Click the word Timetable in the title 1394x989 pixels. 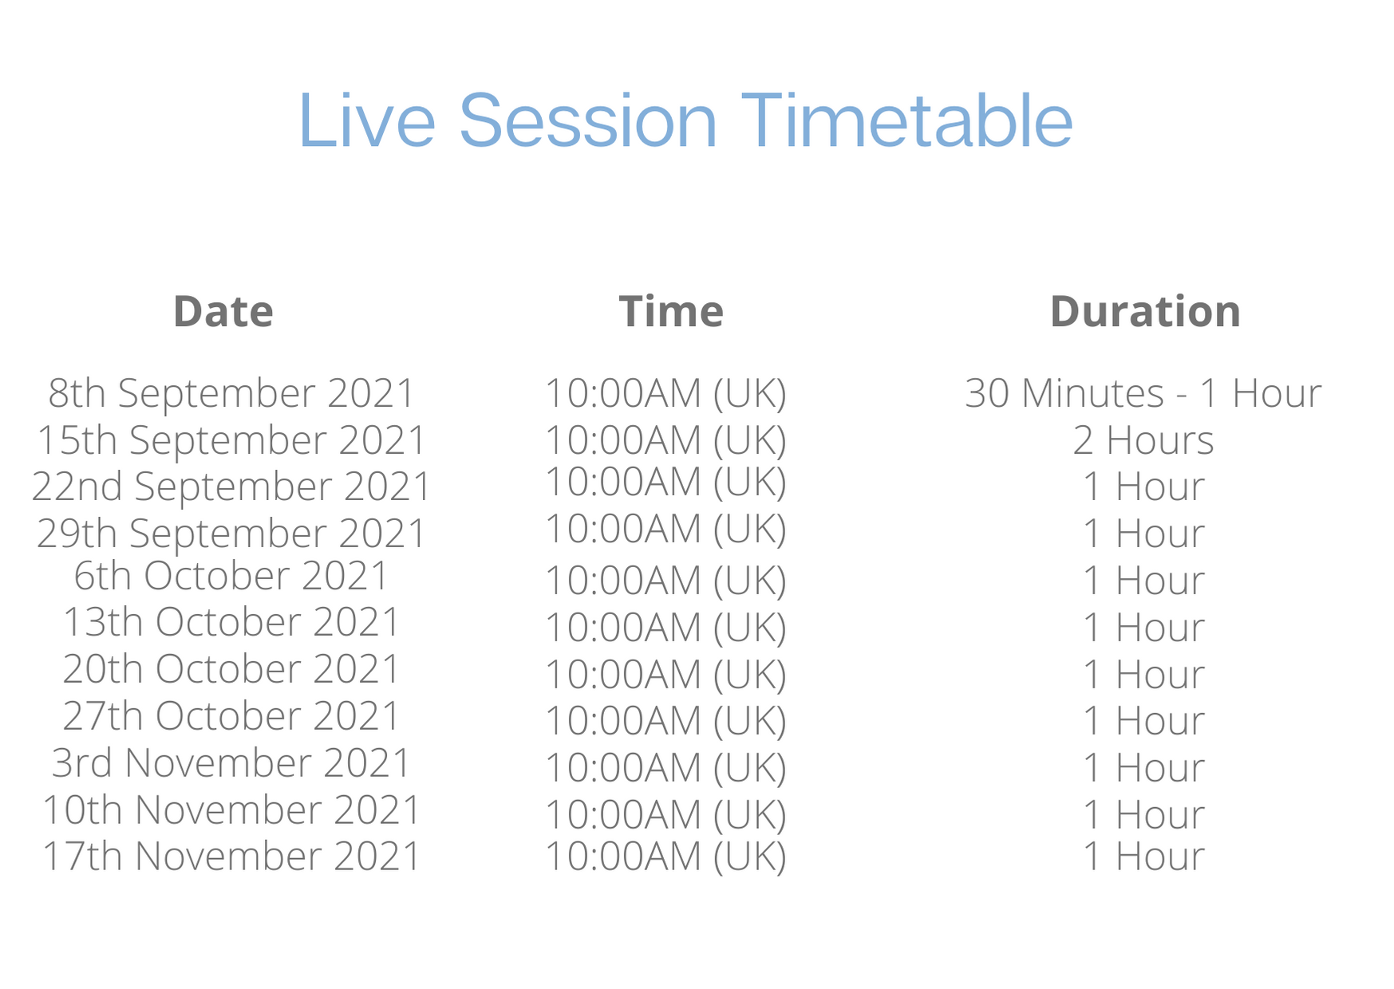(907, 120)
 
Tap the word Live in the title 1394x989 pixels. (367, 120)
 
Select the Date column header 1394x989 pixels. (223, 311)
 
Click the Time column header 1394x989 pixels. (671, 311)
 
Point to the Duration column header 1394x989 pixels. (1145, 311)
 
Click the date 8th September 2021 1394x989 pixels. (231, 393)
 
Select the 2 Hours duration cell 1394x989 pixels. (1143, 440)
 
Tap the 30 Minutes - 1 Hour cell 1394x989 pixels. (1143, 393)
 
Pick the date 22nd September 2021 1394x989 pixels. (231, 487)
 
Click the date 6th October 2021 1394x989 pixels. (231, 576)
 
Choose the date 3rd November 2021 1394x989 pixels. (231, 762)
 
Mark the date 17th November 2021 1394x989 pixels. (231, 856)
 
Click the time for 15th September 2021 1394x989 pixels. (665, 440)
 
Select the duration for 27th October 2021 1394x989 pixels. (1143, 721)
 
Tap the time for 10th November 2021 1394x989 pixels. (665, 814)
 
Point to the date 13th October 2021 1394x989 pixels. (231, 622)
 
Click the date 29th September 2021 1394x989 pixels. (231, 533)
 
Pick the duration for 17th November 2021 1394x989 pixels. (1143, 856)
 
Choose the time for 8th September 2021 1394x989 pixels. (665, 393)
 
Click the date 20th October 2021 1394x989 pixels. (231, 669)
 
